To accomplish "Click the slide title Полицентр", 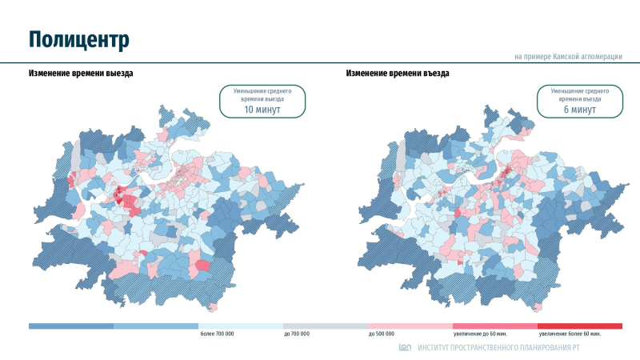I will (x=79, y=39).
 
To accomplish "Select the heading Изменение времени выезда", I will (x=81, y=73).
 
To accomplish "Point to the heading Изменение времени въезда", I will (x=398, y=73).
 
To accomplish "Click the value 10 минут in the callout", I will (x=262, y=110).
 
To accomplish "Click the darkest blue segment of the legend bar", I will (x=71, y=326).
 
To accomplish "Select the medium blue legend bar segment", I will (x=156, y=326).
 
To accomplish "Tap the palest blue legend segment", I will (x=241, y=326).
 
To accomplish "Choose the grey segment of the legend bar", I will (x=326, y=326).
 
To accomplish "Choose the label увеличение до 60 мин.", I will (x=480, y=334).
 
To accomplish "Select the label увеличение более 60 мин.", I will (x=569, y=334).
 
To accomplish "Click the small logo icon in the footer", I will (x=405, y=348).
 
